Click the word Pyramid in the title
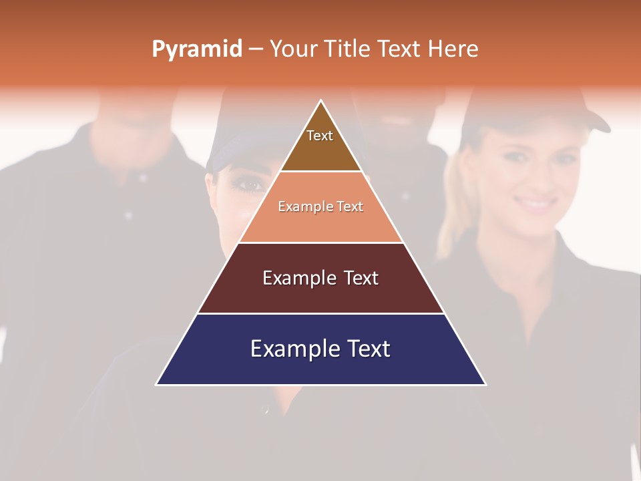[x=197, y=49]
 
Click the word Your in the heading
[x=294, y=49]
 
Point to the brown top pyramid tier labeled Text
[x=320, y=144]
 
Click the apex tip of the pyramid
[x=321, y=102]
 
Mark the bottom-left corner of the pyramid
[x=158, y=384]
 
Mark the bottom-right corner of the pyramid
[x=485, y=384]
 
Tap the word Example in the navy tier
[x=288, y=349]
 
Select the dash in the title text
[x=256, y=49]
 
